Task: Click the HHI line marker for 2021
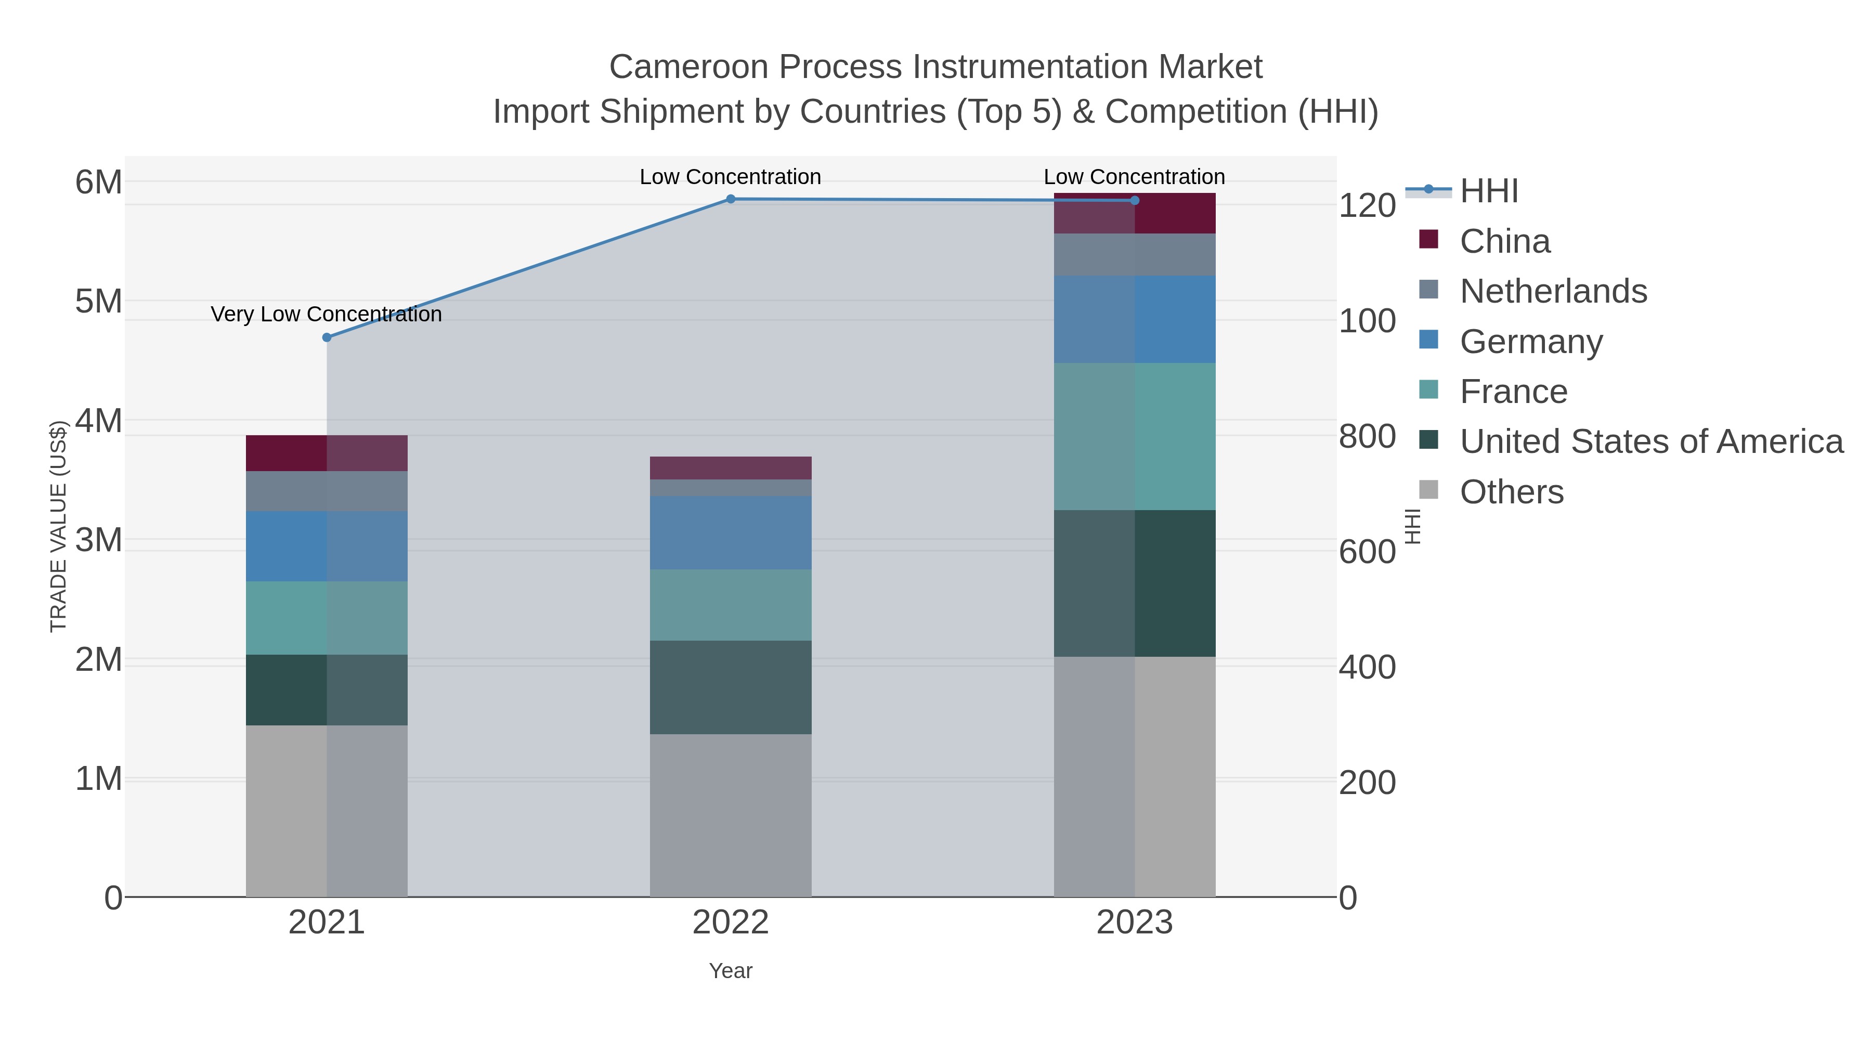[x=327, y=337]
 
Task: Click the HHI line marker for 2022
[x=731, y=199]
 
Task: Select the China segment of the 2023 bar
[x=1135, y=214]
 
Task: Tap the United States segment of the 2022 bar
[x=731, y=687]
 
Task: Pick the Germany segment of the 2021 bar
[x=327, y=546]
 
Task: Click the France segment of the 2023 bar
[x=1135, y=436]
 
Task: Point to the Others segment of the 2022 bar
[x=731, y=815]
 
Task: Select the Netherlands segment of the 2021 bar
[x=327, y=491]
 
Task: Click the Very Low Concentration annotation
[x=326, y=315]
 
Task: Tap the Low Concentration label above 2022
[x=731, y=177]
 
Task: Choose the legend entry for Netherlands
[x=1553, y=291]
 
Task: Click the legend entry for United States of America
[x=1650, y=442]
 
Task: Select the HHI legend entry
[x=1488, y=191]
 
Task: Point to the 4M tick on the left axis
[x=99, y=421]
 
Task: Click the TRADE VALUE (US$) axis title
[x=59, y=526]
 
